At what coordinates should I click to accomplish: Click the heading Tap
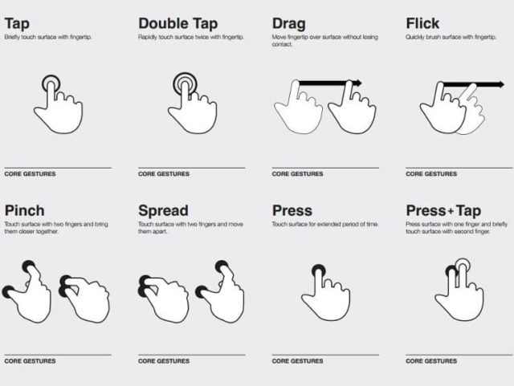(17, 24)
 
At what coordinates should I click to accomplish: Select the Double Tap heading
(178, 23)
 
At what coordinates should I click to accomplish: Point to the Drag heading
(289, 24)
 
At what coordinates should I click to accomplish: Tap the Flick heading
(422, 23)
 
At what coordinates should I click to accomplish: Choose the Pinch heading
(25, 210)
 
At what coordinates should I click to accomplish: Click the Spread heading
(163, 211)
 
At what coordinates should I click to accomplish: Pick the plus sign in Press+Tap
(451, 211)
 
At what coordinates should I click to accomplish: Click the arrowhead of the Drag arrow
(359, 83)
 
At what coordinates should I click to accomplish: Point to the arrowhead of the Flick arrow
(501, 84)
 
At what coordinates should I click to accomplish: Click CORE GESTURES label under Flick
(431, 173)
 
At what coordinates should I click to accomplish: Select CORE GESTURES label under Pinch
(30, 361)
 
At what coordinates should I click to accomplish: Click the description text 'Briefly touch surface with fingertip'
(48, 37)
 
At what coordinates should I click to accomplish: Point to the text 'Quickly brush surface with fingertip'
(451, 37)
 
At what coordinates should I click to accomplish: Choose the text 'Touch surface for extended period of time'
(324, 224)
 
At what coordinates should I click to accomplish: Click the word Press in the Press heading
(292, 211)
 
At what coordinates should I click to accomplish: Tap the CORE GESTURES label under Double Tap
(164, 173)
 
